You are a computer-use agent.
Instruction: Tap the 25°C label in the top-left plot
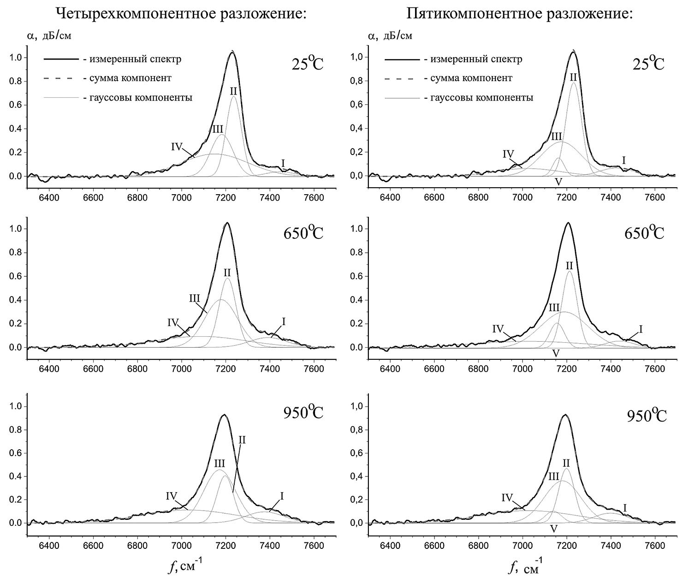pos(308,64)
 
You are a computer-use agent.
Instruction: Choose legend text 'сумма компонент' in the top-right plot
pos(471,78)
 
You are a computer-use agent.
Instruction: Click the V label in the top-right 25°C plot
pos(558,182)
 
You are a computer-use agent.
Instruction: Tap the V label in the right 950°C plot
pos(554,529)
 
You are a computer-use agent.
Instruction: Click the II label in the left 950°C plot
pos(242,440)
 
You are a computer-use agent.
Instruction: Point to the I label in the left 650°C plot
pos(284,321)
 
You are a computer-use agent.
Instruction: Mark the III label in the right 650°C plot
pos(554,308)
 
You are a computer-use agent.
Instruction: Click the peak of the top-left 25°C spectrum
pos(232,52)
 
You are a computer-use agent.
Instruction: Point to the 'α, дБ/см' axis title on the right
pos(391,36)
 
